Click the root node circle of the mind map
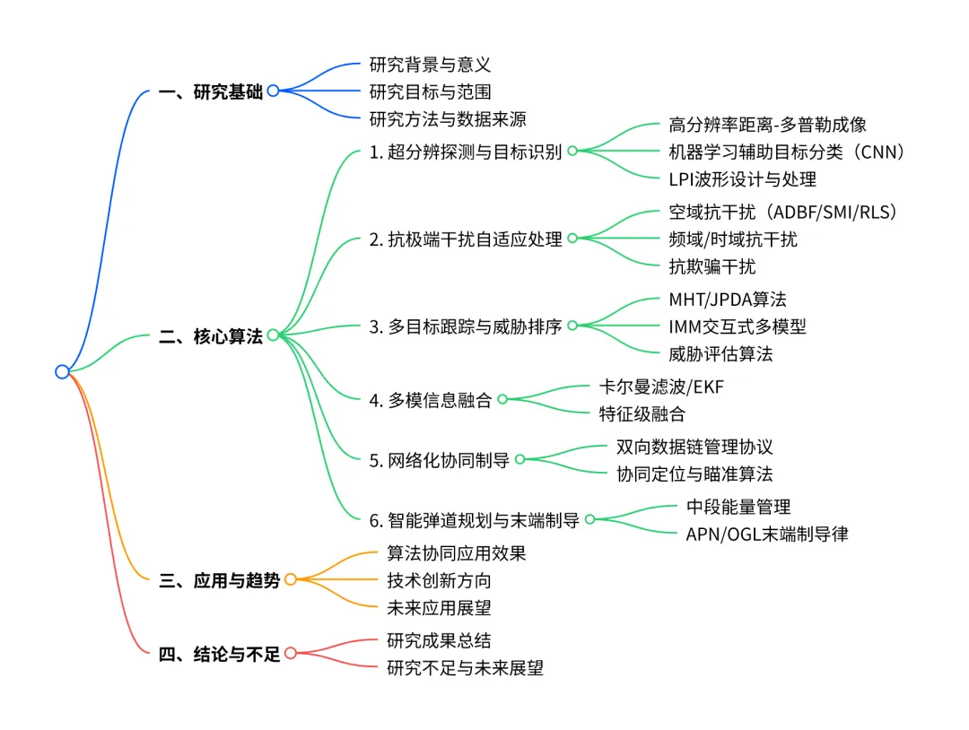click(62, 371)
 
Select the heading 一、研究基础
click(211, 91)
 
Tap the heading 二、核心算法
click(211, 336)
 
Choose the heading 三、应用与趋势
click(220, 580)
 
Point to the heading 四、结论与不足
click(220, 654)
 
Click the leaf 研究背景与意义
click(431, 65)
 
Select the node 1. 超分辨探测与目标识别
click(466, 152)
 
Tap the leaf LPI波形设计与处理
click(743, 178)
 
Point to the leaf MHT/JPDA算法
click(728, 299)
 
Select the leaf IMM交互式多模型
click(738, 326)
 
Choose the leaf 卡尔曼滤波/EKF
click(661, 387)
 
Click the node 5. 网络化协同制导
click(440, 460)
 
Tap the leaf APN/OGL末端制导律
click(767, 534)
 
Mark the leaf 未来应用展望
click(439, 608)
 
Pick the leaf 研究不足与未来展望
click(465, 667)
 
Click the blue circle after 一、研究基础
click(273, 91)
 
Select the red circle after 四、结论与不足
click(290, 654)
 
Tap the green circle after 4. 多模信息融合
click(502, 400)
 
